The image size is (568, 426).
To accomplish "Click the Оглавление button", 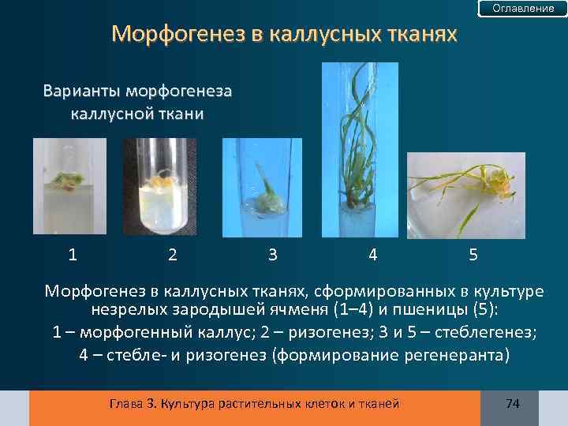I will click(x=523, y=9).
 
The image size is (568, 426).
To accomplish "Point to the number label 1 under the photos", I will click(x=73, y=254).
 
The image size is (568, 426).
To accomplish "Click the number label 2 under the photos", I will click(x=173, y=254).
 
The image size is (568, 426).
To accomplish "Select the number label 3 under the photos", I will click(x=272, y=254).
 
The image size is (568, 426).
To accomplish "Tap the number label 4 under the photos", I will click(x=372, y=254).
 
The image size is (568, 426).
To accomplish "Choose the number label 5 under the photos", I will click(x=473, y=254).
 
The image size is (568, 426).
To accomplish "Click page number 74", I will click(x=512, y=404).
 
